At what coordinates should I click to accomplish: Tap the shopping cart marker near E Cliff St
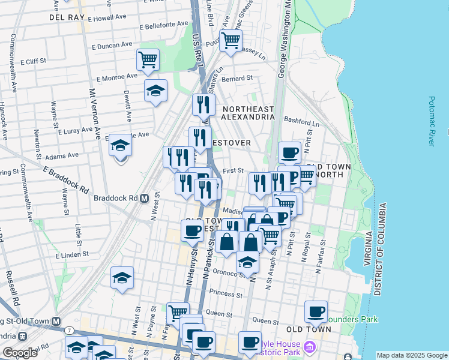pos(148,60)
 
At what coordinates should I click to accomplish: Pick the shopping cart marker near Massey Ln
pos(231,41)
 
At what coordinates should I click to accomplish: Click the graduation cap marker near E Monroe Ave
pos(155,91)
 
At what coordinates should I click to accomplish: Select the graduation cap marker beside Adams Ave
pos(121,145)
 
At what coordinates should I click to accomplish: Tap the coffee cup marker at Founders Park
pos(316,311)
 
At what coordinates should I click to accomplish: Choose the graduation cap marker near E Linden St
pos(122,278)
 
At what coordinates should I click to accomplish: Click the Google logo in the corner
pos(20,353)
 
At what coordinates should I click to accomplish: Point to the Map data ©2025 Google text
pos(411,355)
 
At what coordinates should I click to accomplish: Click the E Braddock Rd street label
pos(65,179)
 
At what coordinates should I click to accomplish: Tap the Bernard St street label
pos(237,79)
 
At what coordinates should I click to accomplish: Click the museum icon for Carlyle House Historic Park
pos(309,346)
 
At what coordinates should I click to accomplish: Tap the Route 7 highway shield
pos(70,331)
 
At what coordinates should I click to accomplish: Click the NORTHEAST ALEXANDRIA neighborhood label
pos(248,113)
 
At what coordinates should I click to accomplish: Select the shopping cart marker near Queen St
pos(178,312)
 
